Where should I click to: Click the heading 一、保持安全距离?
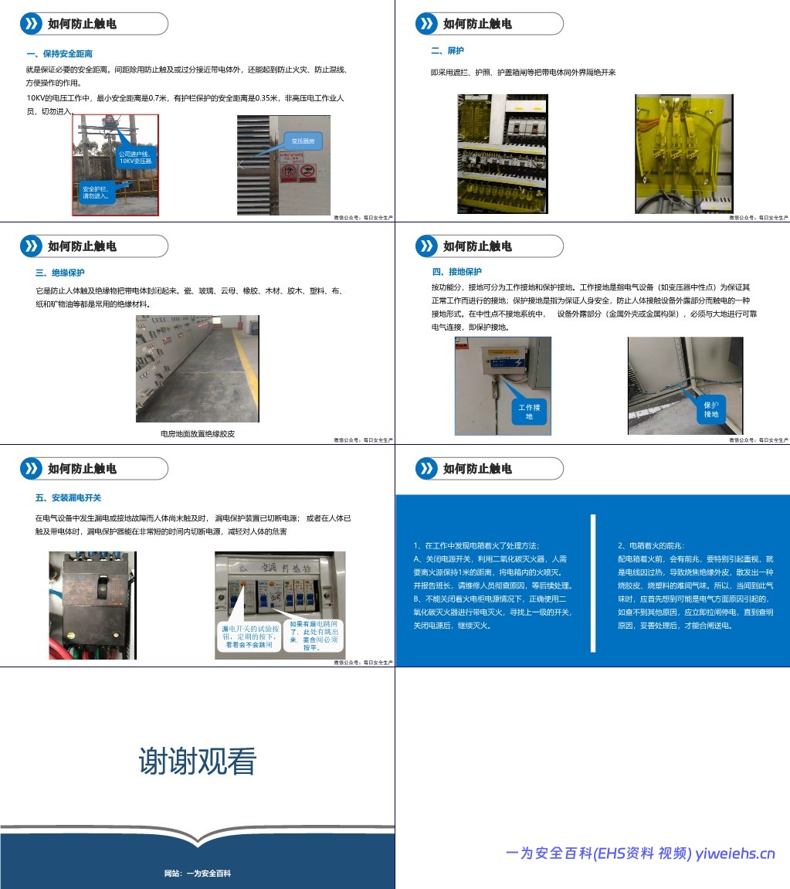click(59, 53)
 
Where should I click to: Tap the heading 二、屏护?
click(447, 51)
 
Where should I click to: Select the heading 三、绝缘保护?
click(60, 273)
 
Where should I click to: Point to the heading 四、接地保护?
click(456, 272)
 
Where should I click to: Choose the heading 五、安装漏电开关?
click(68, 497)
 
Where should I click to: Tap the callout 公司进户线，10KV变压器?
click(137, 158)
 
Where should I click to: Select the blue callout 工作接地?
click(530, 411)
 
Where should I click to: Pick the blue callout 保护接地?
click(710, 409)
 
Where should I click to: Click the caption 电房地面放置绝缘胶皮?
click(197, 433)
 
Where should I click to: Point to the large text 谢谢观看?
click(197, 761)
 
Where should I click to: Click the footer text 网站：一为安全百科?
click(197, 874)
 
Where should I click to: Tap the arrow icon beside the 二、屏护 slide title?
click(426, 24)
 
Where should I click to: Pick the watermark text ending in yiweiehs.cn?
click(640, 853)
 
